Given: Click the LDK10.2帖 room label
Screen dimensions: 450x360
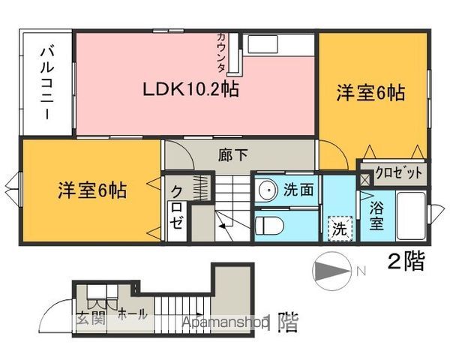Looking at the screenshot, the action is point(190,89).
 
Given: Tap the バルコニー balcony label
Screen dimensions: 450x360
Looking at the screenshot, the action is point(47,83).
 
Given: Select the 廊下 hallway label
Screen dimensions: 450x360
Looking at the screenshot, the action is point(232,155).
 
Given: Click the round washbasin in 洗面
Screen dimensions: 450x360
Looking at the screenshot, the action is point(268,190).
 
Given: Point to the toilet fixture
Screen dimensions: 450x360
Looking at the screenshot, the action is point(269,225).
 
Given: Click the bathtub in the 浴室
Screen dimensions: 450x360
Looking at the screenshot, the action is point(411,216).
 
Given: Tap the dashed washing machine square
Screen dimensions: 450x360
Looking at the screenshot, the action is point(340,229).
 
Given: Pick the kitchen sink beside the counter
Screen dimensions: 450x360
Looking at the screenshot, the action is point(263,44).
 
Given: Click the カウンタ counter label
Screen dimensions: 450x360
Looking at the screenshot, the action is point(221,52).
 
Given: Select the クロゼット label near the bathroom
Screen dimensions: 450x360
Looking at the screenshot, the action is point(399,173).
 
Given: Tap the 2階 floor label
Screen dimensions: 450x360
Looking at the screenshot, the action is point(406,262).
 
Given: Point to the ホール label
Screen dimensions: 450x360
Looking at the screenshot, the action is point(132,314).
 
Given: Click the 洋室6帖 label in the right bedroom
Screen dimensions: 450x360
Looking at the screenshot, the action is point(370,93).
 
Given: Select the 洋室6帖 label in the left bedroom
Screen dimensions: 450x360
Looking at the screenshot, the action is point(92,190).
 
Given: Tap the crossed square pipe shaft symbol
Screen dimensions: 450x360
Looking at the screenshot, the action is point(365,179).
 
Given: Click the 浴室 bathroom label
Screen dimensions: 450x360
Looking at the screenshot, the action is point(376,215).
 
